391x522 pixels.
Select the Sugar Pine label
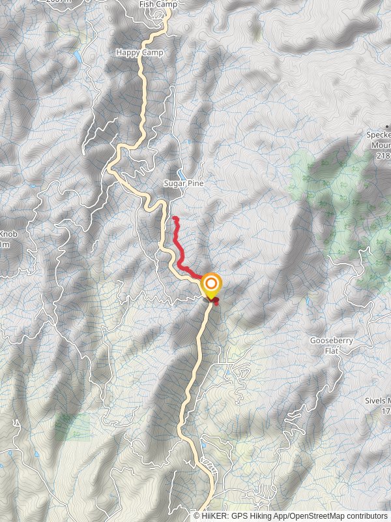click(x=183, y=184)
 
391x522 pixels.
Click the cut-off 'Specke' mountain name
click(x=378, y=135)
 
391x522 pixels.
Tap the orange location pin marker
click(x=210, y=285)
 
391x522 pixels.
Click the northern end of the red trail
click(x=174, y=218)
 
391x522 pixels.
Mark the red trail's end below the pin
click(x=216, y=301)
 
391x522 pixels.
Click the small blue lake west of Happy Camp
click(x=79, y=55)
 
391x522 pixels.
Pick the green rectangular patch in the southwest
click(x=73, y=427)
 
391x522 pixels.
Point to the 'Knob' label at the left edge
click(x=8, y=234)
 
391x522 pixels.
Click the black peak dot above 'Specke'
click(x=386, y=125)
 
